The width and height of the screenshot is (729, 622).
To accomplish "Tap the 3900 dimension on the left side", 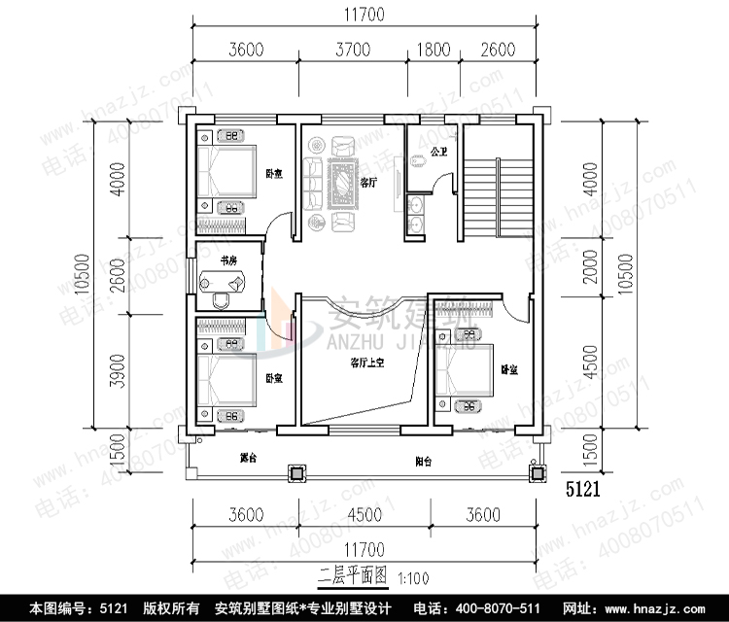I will (118, 368).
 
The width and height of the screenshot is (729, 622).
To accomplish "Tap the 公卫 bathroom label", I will (438, 153).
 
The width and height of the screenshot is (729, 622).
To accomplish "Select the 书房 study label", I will (228, 260).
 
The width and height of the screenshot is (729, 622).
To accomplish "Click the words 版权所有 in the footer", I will (172, 608).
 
